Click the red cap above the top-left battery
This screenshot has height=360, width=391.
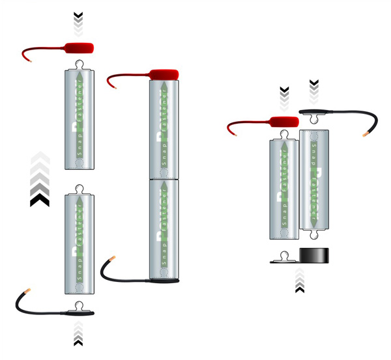point(78,48)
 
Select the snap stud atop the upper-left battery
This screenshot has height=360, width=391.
point(80,63)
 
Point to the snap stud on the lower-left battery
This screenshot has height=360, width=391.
point(80,189)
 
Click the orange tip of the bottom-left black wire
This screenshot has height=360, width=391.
point(27,291)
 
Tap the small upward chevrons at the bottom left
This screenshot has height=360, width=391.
point(78,333)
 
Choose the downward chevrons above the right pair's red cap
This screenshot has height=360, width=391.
point(284,97)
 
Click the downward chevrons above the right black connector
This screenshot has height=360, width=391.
point(314,90)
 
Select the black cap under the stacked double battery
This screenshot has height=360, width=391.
point(166,281)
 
